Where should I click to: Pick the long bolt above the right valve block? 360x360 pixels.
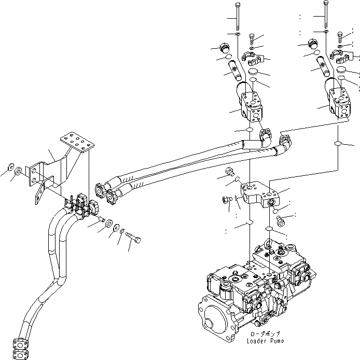pyautogui.click(x=325, y=16)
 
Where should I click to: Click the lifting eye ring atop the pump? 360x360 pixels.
pyautogui.click(x=269, y=242)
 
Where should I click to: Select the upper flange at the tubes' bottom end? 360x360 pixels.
pyautogui.click(x=21, y=344)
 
